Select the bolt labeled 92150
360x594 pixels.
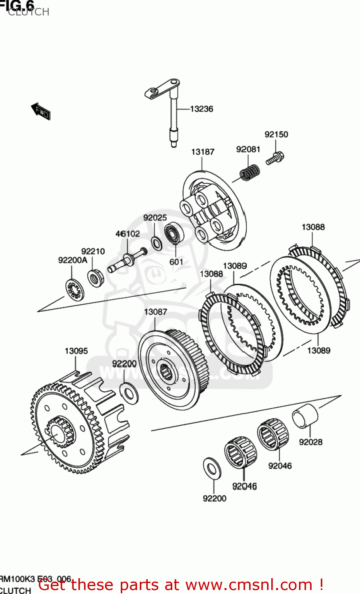[275, 158]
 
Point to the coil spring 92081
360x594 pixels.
[250, 172]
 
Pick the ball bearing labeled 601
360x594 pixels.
[173, 234]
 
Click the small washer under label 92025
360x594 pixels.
[156, 243]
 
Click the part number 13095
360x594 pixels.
[76, 351]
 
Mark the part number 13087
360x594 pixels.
[155, 312]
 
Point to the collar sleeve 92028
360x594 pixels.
[305, 417]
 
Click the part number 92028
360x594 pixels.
[310, 442]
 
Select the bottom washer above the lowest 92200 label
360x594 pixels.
[212, 468]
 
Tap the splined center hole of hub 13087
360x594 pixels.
[165, 372]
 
